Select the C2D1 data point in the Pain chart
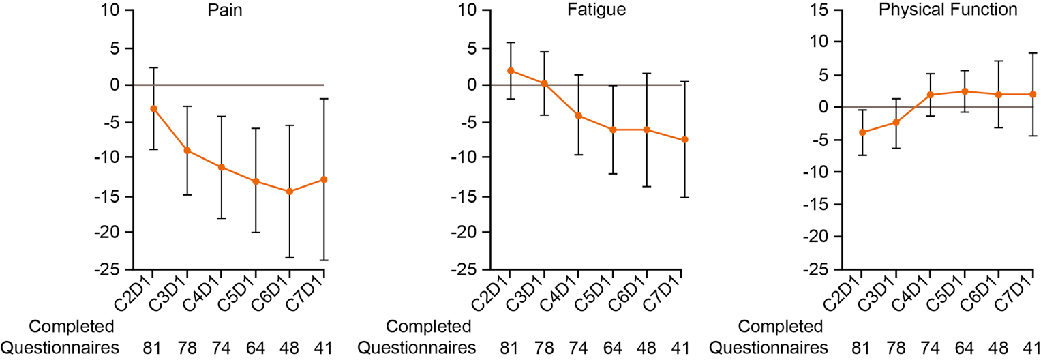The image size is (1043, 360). point(153,108)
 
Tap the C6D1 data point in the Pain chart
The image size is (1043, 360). point(290,192)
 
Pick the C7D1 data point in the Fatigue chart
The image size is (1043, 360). point(684,140)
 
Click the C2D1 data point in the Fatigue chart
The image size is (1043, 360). point(510,71)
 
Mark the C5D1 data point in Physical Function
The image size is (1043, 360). point(965,91)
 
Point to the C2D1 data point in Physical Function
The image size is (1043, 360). point(862,132)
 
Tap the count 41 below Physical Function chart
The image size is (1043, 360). point(1033,348)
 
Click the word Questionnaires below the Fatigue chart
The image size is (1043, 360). point(416,348)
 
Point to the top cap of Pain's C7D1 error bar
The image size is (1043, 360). point(324,99)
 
